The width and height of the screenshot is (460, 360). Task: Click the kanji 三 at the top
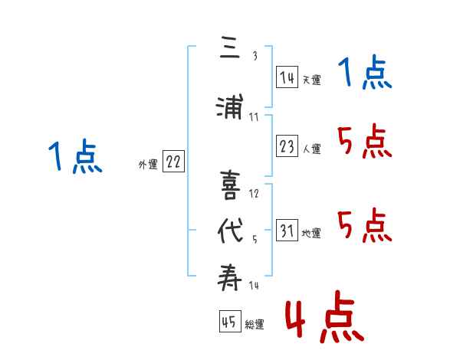pos(229,50)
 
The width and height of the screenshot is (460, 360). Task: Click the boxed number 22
pos(173,162)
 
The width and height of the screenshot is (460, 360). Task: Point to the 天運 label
pos(311,80)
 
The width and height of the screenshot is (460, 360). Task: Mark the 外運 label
pos(147,164)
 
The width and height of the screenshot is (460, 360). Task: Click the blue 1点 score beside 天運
pos(365,74)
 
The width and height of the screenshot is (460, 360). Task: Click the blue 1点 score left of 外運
pos(75,156)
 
